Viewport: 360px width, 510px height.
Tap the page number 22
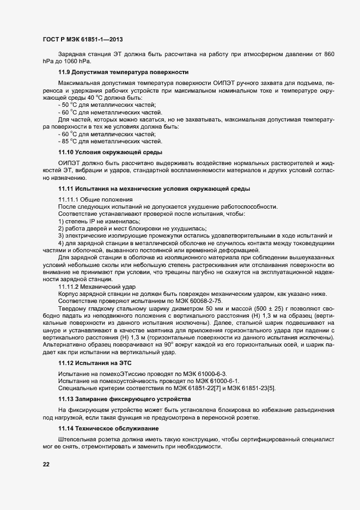(46, 464)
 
